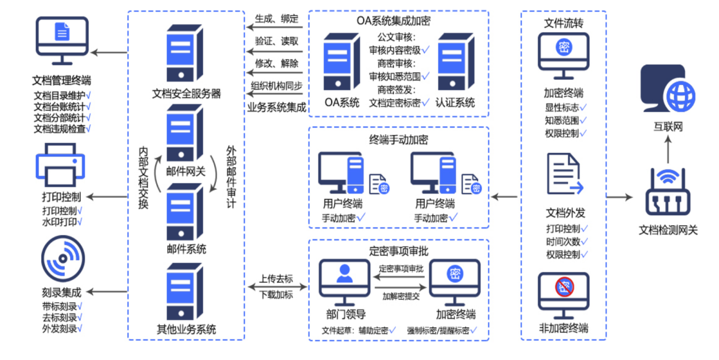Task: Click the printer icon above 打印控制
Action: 61,166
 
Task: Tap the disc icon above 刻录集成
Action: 62,259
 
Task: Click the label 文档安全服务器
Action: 186,94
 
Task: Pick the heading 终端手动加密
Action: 398,140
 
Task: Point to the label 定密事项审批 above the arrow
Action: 401,269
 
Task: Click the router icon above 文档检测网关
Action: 667,194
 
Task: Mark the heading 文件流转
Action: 563,23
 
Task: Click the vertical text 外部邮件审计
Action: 231,177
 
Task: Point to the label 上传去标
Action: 276,279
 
